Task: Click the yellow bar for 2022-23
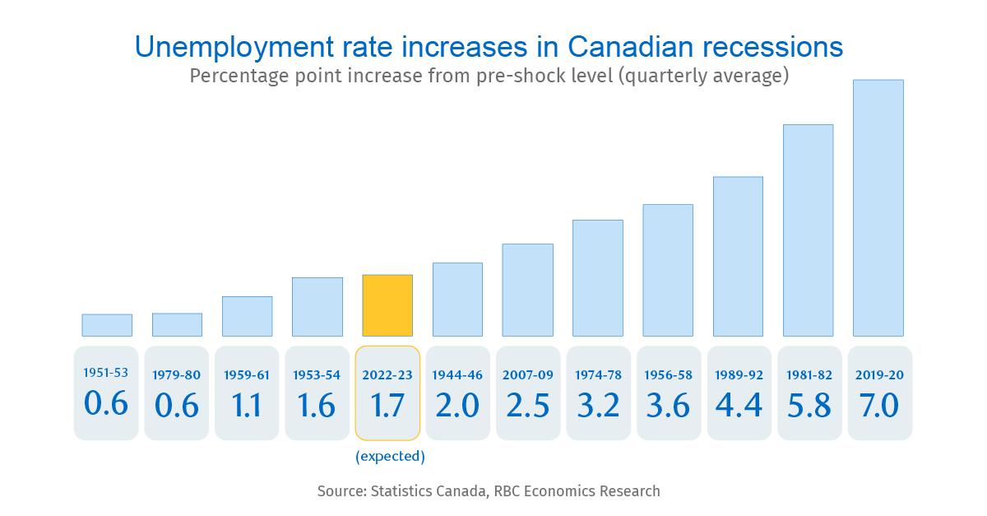(x=387, y=305)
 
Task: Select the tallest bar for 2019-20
(x=878, y=208)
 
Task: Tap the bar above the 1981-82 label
(x=808, y=230)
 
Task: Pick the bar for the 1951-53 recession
(x=107, y=325)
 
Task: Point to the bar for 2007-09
(x=527, y=290)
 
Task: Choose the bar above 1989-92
(x=738, y=256)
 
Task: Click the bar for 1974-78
(x=598, y=278)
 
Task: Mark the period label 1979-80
(x=176, y=375)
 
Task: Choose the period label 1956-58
(x=668, y=375)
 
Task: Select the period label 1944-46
(x=457, y=375)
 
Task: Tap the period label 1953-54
(x=317, y=375)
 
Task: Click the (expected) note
(x=390, y=456)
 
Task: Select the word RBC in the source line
(x=509, y=491)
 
